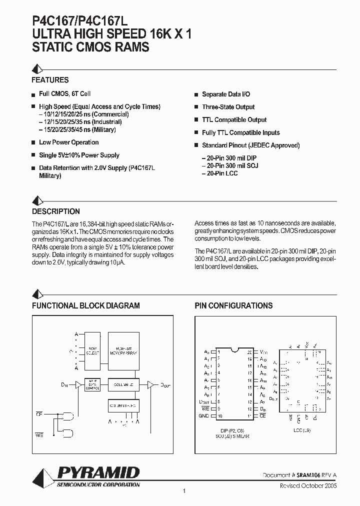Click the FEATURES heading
[50, 80]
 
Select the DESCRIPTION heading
[55, 211]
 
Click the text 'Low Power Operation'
[68, 142]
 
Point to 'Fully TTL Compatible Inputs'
[240, 133]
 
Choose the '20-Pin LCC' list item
[219, 173]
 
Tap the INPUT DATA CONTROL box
[93, 384]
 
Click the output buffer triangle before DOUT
[149, 385]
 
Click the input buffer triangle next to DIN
[77, 385]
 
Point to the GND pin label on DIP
[204, 416]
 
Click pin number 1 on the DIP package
[219, 351]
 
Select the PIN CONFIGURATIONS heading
[233, 305]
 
